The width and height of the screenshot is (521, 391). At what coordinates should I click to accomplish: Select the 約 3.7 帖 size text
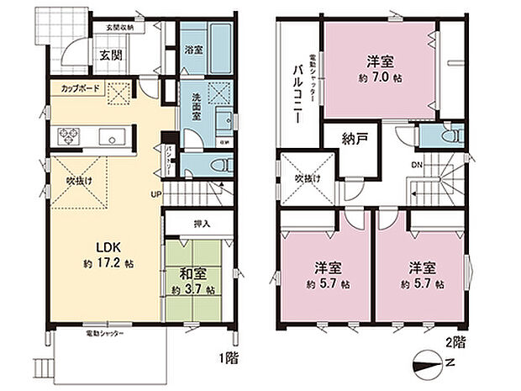pyautogui.click(x=191, y=290)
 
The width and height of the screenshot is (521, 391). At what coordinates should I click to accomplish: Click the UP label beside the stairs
pyautogui.click(x=155, y=195)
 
